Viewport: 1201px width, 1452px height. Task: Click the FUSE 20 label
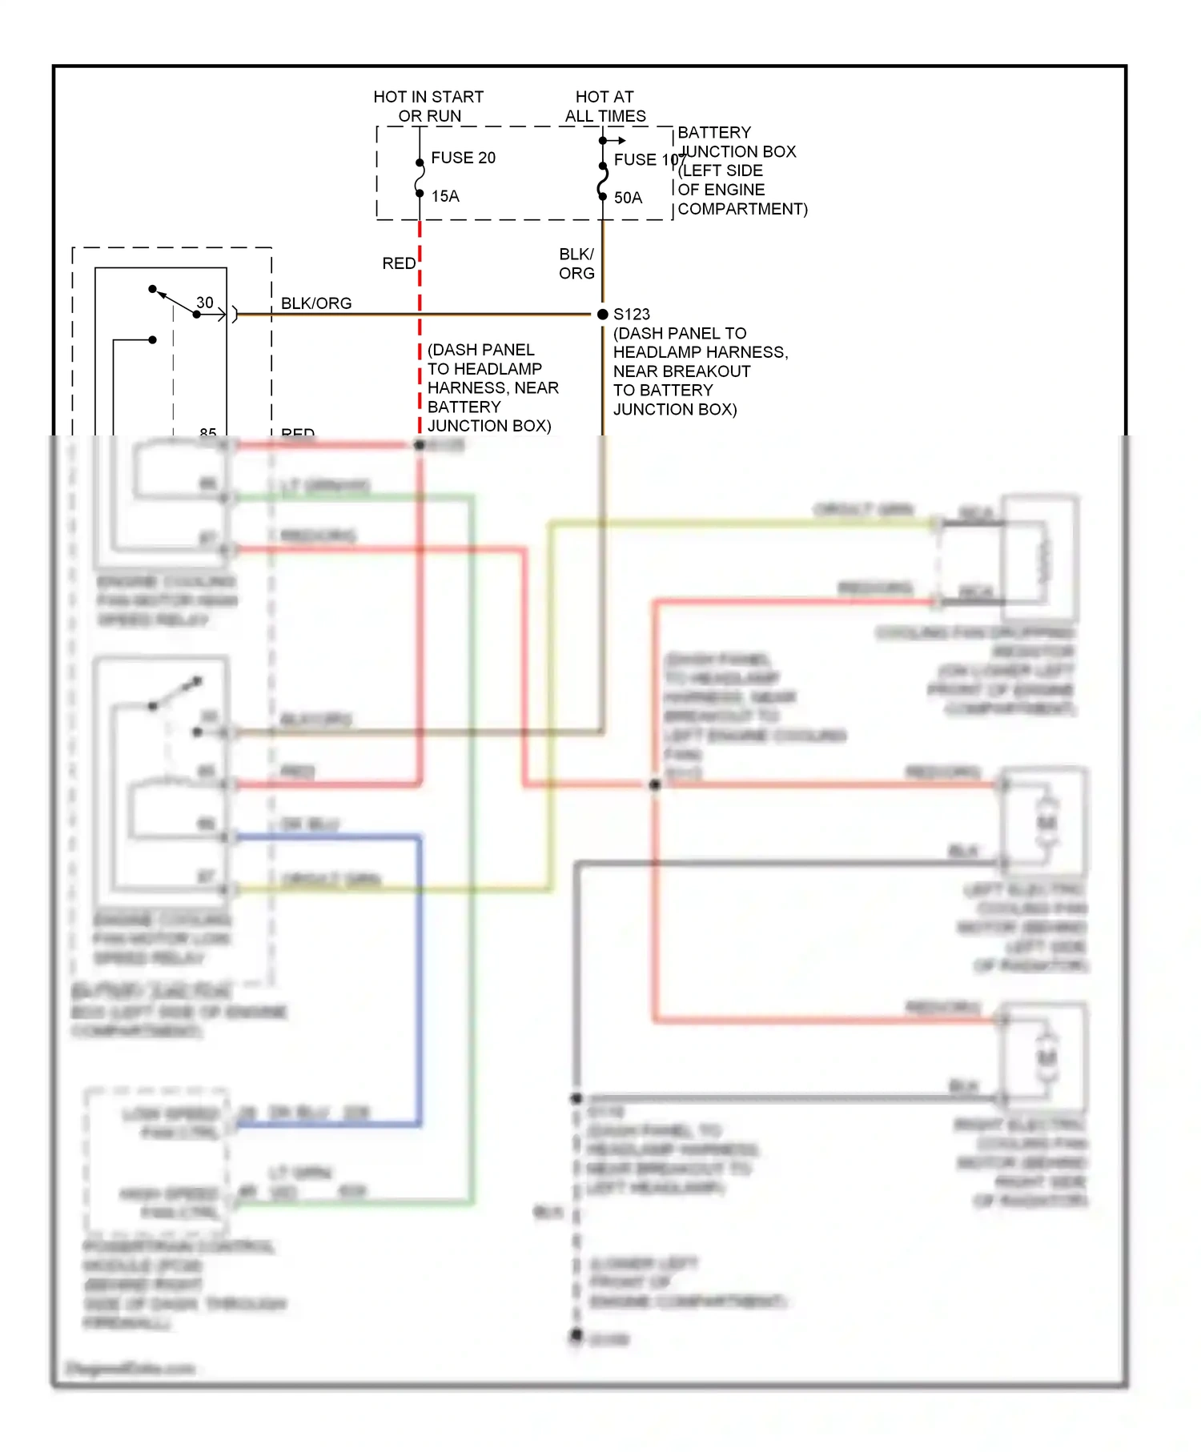coord(463,158)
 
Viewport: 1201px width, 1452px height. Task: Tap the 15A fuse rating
coord(445,196)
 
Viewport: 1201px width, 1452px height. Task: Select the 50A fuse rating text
coord(628,198)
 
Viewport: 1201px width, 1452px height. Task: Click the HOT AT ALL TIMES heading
coord(605,106)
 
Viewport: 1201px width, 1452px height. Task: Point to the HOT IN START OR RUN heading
coord(428,106)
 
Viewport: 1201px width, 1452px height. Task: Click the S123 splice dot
coord(603,315)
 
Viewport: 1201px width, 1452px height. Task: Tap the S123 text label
coord(632,315)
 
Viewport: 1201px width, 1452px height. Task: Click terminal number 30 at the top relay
coord(205,303)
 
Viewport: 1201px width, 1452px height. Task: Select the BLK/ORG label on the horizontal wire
coord(316,303)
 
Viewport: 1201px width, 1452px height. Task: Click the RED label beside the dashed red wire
coord(399,263)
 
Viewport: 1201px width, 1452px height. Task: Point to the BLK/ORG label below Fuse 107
coord(576,264)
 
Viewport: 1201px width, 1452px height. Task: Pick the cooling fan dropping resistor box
coord(1040,559)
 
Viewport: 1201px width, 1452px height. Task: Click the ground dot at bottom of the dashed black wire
coord(576,1334)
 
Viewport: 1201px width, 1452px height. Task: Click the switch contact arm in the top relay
coord(174,301)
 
